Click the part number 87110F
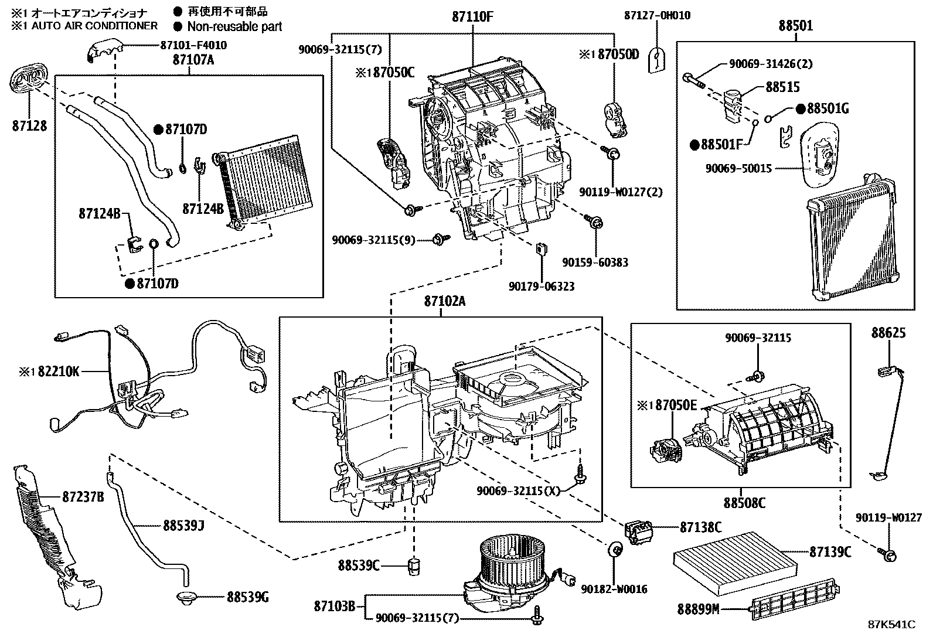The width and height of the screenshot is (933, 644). [472, 16]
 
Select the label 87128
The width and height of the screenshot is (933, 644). [29, 125]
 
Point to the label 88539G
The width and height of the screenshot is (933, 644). [247, 598]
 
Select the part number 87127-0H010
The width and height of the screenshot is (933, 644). [656, 16]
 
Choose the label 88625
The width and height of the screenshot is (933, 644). [888, 333]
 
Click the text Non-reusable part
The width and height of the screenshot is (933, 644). [234, 26]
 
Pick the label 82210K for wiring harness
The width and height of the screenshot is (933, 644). [55, 372]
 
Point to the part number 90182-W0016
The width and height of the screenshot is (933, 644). [615, 589]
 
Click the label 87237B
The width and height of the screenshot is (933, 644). [83, 497]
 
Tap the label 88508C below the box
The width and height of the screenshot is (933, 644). [744, 503]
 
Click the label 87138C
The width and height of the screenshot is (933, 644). [700, 527]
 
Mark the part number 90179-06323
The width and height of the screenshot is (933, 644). [542, 287]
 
